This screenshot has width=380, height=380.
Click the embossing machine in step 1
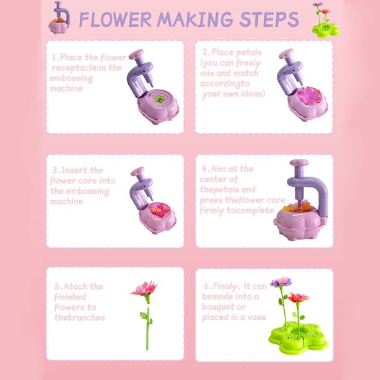pyautogui.click(x=153, y=90)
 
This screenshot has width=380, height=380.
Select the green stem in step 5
pyautogui.click(x=147, y=328)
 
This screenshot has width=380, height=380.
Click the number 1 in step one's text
pyautogui.click(x=54, y=57)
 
